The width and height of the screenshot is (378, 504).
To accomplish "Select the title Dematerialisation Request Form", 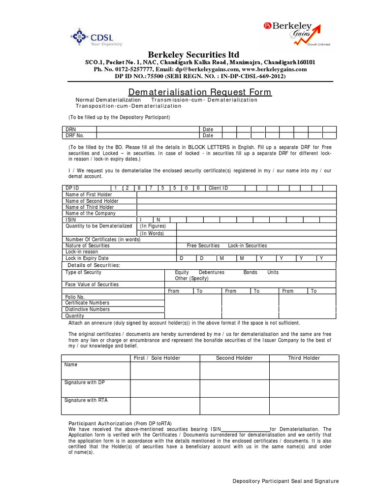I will click(x=200, y=93).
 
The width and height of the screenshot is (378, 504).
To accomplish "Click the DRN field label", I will click(x=71, y=129).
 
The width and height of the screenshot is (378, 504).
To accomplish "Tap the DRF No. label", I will click(x=75, y=135).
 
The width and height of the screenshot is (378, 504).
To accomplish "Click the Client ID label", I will click(x=218, y=188).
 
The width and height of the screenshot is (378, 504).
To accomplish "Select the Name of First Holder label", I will click(x=89, y=194).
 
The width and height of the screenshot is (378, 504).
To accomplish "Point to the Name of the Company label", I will click(x=91, y=213).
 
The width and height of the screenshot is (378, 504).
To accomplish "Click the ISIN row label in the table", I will click(x=71, y=220).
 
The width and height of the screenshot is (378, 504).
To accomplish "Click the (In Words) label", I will click(x=152, y=233).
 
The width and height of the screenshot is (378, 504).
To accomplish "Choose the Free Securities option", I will click(x=203, y=245).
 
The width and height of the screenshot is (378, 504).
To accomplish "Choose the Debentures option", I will click(x=211, y=272).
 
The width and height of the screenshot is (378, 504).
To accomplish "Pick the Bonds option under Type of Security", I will click(x=250, y=272).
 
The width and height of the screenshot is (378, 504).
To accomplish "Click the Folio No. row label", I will click(x=75, y=297).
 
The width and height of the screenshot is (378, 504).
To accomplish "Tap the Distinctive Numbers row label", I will click(x=88, y=309).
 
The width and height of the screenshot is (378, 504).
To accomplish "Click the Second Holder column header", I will click(x=234, y=358).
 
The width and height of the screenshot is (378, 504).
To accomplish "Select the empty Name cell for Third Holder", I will click(x=304, y=370).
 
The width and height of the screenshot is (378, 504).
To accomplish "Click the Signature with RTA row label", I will click(x=86, y=400).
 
